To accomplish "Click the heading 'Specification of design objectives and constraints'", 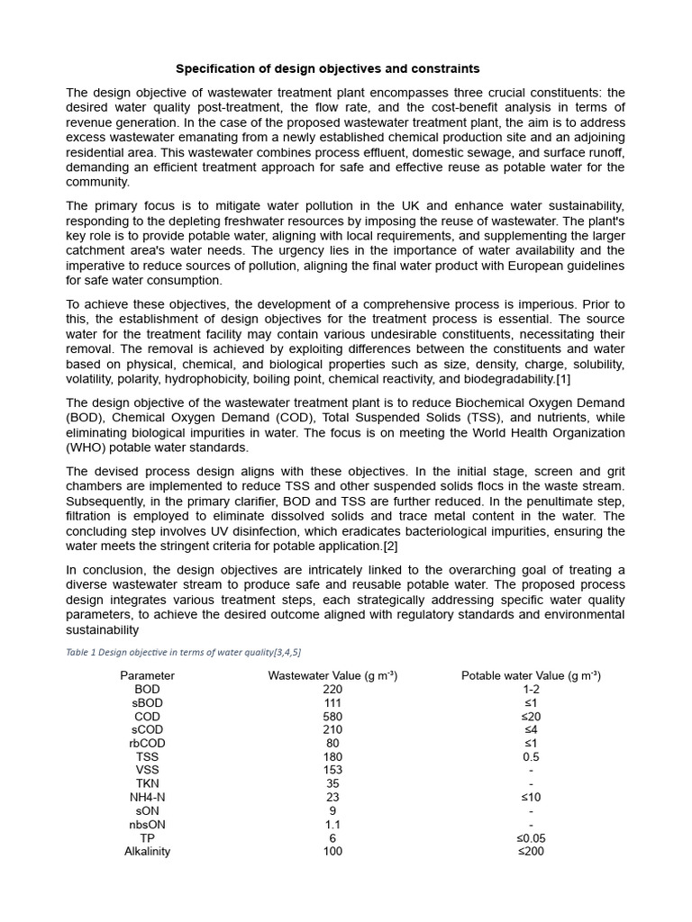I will pos(327,68).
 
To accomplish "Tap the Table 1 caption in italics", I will pos(183,652).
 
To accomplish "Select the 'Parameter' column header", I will pos(147,675).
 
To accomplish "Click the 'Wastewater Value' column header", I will pos(332,675).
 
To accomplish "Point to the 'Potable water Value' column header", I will pos(531,675).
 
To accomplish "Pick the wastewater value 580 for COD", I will pos(332,716).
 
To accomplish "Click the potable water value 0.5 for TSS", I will pos(531,756).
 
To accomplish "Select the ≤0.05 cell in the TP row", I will pos(531,837).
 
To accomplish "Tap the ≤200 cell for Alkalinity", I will pos(531,851).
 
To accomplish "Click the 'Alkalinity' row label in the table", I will pos(147,851).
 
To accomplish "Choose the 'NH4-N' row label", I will pos(147,797).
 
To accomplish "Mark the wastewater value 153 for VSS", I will pos(332,770).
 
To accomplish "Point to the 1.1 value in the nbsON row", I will pos(332,824).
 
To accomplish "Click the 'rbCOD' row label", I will pos(147,743).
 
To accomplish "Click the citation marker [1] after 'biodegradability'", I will pos(562,379).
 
